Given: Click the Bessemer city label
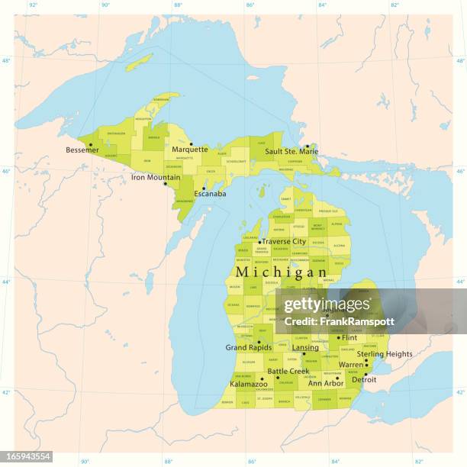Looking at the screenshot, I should point(82,150).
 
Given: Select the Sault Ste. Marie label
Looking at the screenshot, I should point(292,152).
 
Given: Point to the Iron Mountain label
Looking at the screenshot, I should point(156,177).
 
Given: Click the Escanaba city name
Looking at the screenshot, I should point(210,194).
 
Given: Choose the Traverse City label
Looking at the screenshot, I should point(284,242).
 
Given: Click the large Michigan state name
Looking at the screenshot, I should point(282,272).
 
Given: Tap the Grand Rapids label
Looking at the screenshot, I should point(249,347).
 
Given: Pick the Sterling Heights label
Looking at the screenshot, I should point(385,354).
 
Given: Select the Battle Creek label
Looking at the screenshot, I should point(288,372).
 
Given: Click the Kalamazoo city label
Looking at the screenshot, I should point(249,384).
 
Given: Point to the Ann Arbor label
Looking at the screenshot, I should point(326,383).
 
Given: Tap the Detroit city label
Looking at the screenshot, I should point(364,379).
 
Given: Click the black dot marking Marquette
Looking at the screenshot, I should point(191,143).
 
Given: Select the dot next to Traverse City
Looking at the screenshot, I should point(259,242).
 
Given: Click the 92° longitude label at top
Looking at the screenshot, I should point(32,5).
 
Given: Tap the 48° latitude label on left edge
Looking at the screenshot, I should point(5,61).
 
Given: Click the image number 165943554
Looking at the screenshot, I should point(27,456).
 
